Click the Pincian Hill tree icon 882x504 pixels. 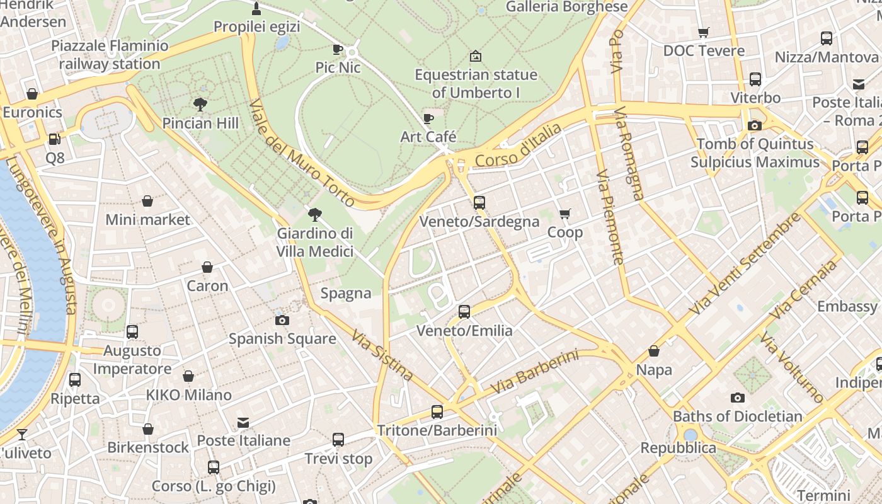(200, 103)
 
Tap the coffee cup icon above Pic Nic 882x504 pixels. (338, 49)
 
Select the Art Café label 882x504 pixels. (428, 136)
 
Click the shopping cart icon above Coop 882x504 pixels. (564, 214)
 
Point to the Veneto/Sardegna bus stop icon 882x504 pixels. (479, 203)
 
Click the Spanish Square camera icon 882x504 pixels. (282, 320)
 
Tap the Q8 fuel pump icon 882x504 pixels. (55, 139)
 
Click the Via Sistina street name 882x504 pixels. (383, 355)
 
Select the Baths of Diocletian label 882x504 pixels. (737, 416)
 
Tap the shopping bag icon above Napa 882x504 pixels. (654, 351)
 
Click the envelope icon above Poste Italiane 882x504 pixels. (243, 422)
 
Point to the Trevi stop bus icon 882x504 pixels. (338, 440)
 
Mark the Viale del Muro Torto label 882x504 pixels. (302, 153)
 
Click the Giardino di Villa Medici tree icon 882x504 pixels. (314, 215)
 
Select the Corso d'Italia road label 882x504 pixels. (518, 146)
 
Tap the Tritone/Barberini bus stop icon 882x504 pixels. (437, 412)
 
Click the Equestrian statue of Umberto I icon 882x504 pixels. (476, 56)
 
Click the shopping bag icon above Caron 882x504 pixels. (207, 267)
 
